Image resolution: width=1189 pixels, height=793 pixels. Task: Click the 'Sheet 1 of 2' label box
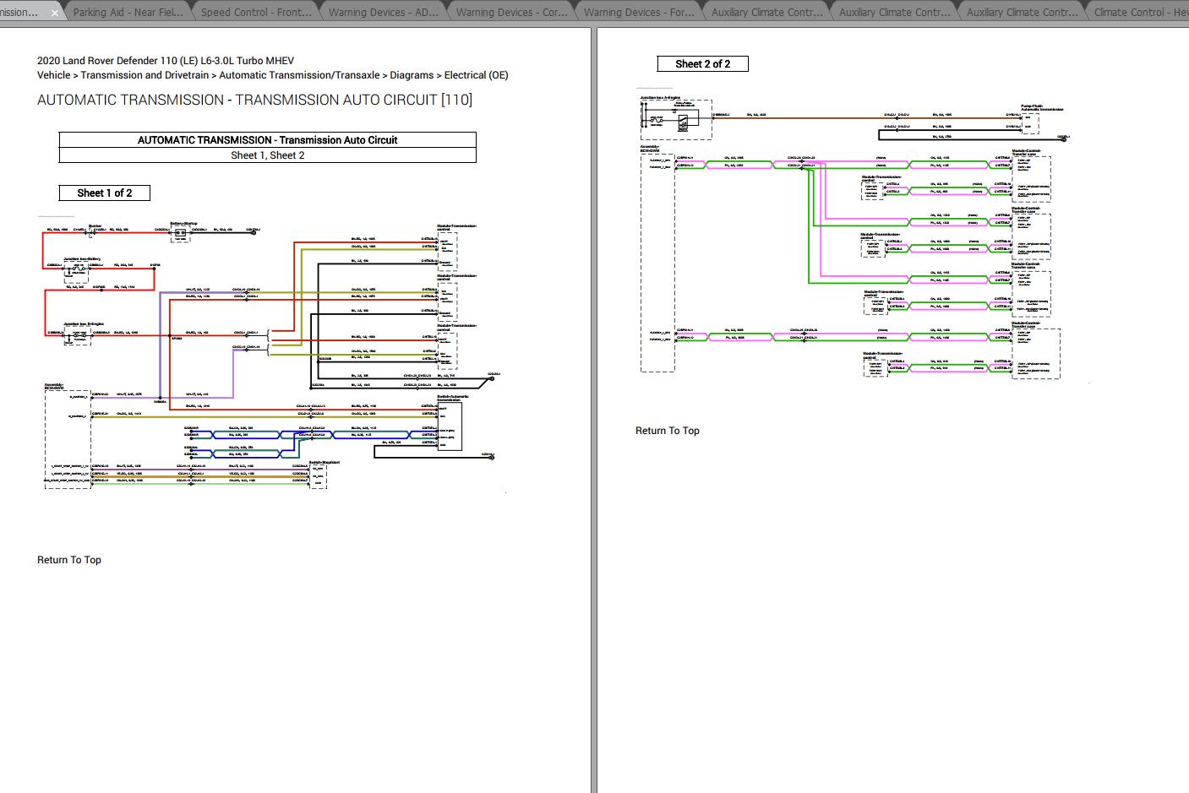coord(105,193)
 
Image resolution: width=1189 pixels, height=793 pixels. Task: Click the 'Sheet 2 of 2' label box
coord(702,63)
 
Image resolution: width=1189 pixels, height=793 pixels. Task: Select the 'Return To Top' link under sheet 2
coord(667,431)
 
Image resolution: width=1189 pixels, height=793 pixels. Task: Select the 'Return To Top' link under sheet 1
coord(69,560)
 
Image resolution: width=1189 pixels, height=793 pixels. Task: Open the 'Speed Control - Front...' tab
coord(255,12)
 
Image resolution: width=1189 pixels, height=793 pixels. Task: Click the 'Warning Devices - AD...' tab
coord(383,12)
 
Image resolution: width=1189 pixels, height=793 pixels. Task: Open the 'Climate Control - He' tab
coord(1140,12)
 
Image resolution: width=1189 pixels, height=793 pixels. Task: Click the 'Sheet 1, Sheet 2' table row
coord(267,155)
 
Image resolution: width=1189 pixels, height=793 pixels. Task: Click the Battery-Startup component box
coord(179,233)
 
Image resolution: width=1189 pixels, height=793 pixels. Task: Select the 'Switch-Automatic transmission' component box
coord(449,426)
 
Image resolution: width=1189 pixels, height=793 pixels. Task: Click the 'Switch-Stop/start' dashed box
coord(318,475)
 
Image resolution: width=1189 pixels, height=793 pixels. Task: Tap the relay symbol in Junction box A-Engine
coord(683,122)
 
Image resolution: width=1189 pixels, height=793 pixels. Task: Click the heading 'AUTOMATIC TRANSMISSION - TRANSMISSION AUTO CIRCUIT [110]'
coord(254,100)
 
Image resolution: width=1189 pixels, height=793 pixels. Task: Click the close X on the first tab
coord(55,13)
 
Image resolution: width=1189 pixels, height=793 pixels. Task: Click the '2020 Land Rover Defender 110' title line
coord(166,61)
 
